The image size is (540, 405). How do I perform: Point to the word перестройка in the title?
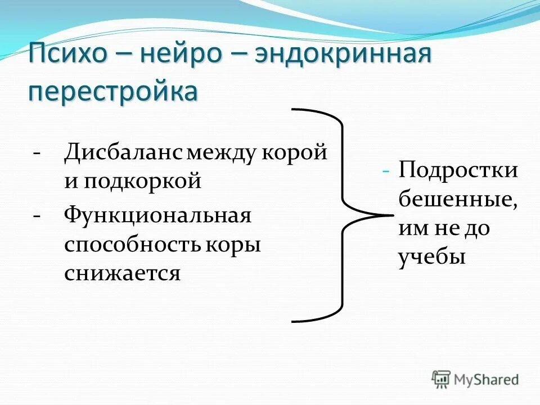(x=113, y=91)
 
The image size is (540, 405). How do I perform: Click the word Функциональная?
(x=157, y=215)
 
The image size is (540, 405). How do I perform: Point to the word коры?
(x=237, y=245)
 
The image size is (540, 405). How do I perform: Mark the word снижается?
(x=122, y=274)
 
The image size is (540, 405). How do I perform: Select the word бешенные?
(x=456, y=200)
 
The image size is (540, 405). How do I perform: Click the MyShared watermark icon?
(x=441, y=379)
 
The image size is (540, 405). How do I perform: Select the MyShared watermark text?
(x=487, y=380)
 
